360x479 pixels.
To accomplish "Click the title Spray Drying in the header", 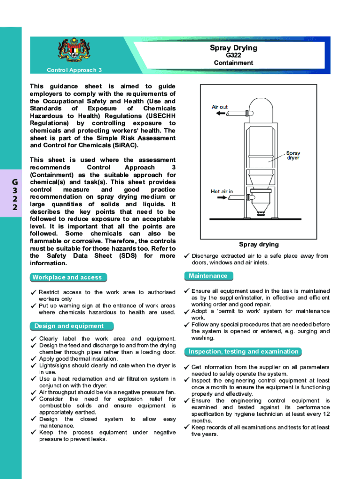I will pos(233,48).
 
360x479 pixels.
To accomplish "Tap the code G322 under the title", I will pos(233,55).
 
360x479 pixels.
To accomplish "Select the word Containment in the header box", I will pos(233,63).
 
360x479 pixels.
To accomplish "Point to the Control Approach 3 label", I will pos(74,70).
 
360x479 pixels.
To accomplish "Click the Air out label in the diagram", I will pos(219,107).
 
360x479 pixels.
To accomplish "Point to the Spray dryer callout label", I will pos(293,155).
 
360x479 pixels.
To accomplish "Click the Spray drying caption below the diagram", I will pos(259,244).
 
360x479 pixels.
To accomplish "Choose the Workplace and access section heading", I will pos(67,277).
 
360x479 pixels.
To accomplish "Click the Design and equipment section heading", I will pos(69,326).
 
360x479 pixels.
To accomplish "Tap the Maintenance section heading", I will pos(208,276).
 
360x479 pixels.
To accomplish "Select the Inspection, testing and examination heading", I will pos(243,352).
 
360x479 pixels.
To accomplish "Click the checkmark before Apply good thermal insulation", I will pos(33,359).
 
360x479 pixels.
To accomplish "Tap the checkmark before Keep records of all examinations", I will pos(186,428).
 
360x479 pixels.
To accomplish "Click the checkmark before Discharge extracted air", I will pos(186,256).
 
